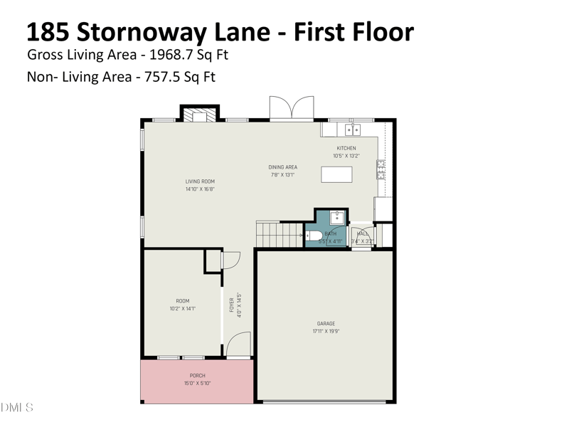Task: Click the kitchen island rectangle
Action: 336,174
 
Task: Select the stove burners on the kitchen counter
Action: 381,169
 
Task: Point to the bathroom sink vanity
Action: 338,218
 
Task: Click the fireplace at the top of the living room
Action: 197,115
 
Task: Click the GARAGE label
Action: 326,324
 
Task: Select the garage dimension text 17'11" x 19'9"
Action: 326,332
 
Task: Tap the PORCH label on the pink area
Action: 197,376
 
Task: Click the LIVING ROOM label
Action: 200,181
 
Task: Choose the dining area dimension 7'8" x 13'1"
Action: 282,174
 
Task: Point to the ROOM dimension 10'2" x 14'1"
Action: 183,309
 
